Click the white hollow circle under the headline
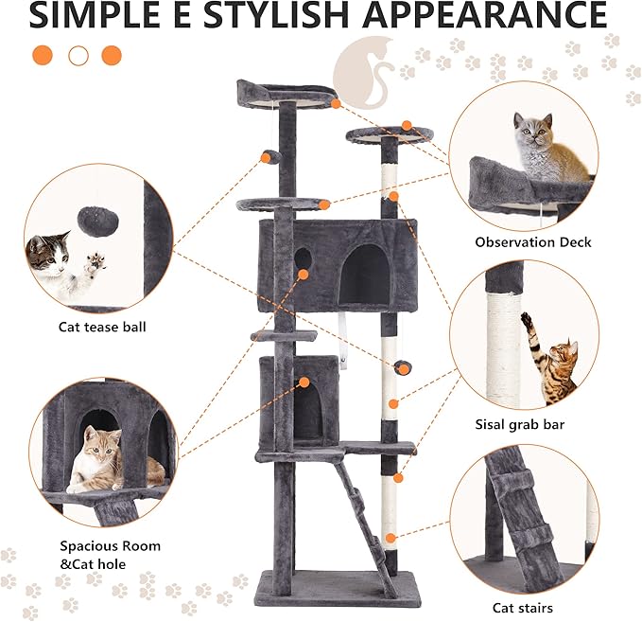tap(78, 55)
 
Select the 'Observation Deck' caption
tap(533, 242)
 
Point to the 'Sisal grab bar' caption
tap(519, 425)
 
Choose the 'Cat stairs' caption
tap(523, 608)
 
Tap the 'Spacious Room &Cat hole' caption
tap(110, 556)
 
